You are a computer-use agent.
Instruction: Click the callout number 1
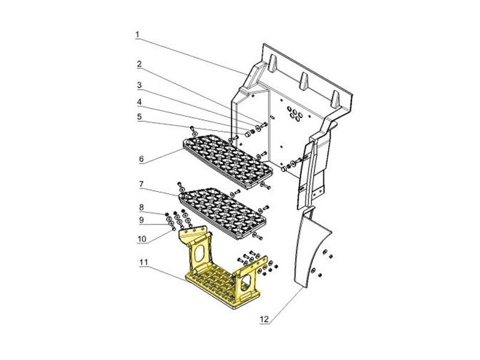tap(137, 35)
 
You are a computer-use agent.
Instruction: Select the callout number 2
tap(139, 64)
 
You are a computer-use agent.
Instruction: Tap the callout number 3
tap(139, 85)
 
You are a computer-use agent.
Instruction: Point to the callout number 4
tap(139, 102)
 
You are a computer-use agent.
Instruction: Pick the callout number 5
tap(139, 116)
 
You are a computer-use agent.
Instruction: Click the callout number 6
tap(141, 159)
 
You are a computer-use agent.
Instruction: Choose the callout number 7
tap(141, 184)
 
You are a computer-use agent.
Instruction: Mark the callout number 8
tap(141, 207)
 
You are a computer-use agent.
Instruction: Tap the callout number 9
tap(141, 220)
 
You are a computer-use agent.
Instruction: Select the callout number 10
tap(142, 238)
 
